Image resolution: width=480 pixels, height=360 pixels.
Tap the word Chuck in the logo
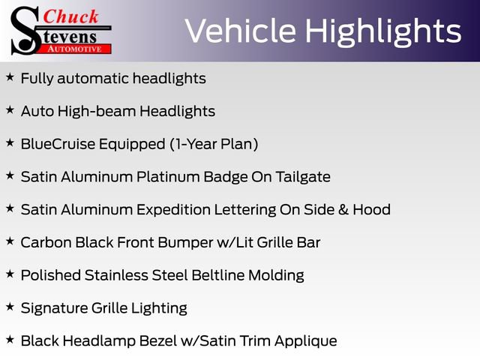point(72,16)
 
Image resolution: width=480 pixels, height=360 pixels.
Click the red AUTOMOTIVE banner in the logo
point(75,48)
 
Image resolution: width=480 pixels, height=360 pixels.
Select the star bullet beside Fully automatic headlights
point(10,77)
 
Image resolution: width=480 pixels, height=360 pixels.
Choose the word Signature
point(53,308)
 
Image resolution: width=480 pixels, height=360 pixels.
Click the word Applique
point(305,341)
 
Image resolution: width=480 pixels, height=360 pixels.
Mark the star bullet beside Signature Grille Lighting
point(10,307)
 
